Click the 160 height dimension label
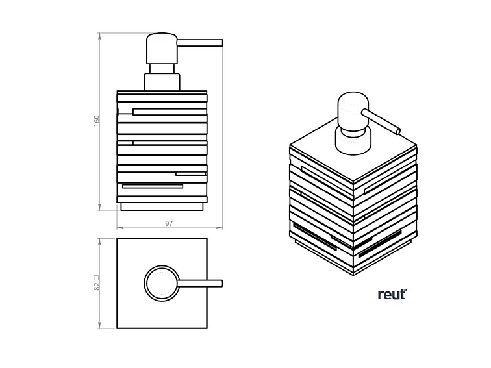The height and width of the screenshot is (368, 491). point(97,121)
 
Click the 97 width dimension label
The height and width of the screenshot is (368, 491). point(169,223)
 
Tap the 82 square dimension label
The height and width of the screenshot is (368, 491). point(97,283)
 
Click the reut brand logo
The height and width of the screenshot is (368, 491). point(392,294)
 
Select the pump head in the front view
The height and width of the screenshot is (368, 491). point(162,49)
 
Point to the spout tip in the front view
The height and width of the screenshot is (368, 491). point(221,43)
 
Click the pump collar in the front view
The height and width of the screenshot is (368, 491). point(162,82)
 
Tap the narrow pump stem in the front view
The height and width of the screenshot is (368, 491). point(162,69)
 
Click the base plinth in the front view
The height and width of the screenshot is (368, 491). point(162,206)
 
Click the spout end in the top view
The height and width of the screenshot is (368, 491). point(221,284)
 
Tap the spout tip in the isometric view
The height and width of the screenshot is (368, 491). point(398,131)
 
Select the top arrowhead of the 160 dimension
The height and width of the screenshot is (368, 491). point(99,36)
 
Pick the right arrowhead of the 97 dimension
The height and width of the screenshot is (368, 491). point(220,228)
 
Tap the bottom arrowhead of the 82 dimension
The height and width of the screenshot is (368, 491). point(99,325)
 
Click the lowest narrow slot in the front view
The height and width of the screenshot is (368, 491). point(153,186)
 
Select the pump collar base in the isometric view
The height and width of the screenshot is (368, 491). point(353,141)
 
